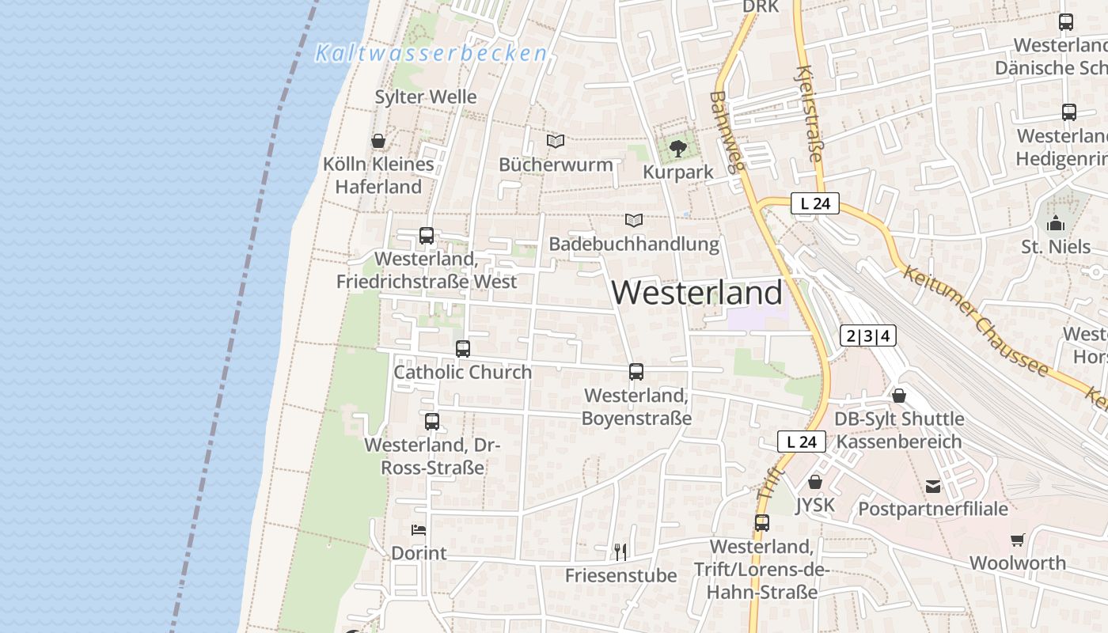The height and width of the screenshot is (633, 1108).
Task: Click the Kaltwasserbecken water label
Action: coord(431,53)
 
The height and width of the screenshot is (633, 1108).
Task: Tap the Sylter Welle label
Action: coord(426,97)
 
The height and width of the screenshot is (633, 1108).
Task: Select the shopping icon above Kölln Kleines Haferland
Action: coord(378,141)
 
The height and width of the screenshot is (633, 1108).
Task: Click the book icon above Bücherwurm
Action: coord(556,141)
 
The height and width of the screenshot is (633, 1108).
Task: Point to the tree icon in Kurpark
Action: coord(677,148)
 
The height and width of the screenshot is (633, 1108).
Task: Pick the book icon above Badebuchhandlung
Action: coord(634,220)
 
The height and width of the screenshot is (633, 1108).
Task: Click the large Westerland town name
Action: coord(697,292)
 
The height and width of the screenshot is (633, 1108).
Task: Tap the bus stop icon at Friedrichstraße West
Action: coord(427,235)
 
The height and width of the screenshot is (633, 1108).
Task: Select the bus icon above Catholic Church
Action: coord(463,348)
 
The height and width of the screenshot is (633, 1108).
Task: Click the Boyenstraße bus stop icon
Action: coord(636,371)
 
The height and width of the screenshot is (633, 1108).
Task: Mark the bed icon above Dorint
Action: coord(419,529)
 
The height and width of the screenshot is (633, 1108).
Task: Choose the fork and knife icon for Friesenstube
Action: coord(620,552)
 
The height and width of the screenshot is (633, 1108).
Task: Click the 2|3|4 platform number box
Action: coord(868,335)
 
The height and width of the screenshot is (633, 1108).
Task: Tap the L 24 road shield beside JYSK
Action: coord(802,442)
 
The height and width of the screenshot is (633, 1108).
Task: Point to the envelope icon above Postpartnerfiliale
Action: coord(933,486)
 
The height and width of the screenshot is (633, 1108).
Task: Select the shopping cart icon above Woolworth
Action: coord(1017,540)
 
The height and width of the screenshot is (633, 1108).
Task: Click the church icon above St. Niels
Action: coord(1056,224)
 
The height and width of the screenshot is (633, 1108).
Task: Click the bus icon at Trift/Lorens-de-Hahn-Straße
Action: coord(762,523)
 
